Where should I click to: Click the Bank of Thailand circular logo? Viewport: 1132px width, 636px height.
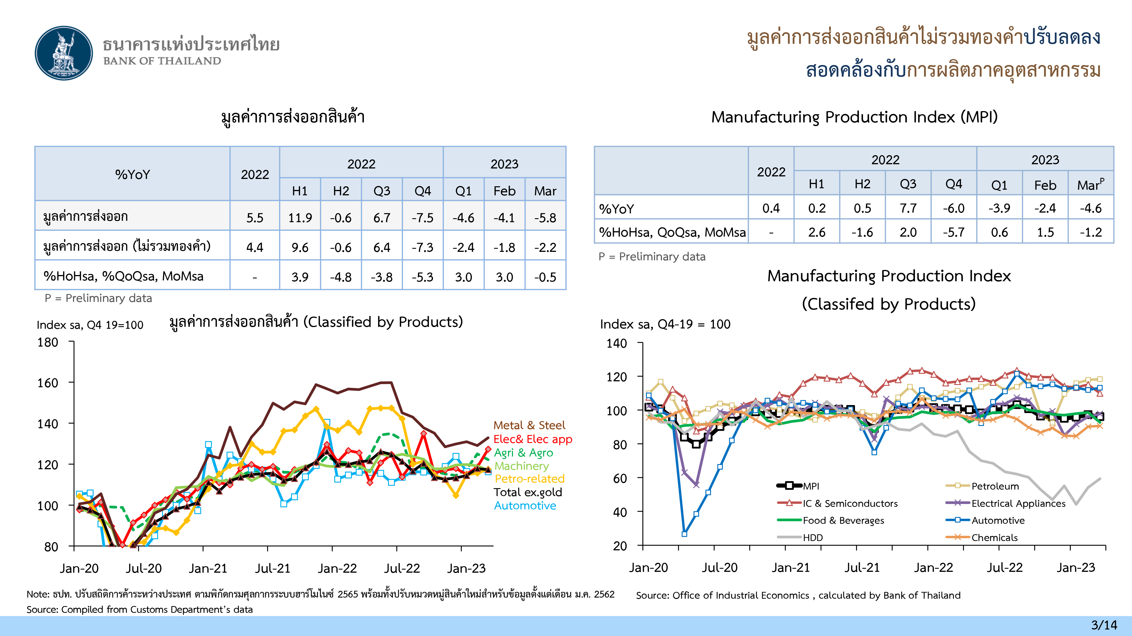[64, 53]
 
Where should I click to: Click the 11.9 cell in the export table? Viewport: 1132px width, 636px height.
[300, 218]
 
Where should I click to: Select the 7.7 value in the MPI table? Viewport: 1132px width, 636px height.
[908, 208]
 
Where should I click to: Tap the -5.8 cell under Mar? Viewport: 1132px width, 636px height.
[545, 218]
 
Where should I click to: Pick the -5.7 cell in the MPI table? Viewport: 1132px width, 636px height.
[954, 232]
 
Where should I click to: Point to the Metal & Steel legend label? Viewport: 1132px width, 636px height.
[529, 425]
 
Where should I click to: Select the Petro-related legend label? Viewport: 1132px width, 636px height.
[529, 479]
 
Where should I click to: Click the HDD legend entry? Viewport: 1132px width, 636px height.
[812, 538]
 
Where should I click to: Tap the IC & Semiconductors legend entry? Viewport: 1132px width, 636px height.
[850, 503]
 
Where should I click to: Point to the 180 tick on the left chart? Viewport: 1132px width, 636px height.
[48, 342]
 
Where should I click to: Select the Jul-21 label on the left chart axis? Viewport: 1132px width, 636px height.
[273, 568]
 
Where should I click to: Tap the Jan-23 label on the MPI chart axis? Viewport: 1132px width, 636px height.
[1076, 568]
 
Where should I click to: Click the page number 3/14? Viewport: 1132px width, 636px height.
[1104, 625]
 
